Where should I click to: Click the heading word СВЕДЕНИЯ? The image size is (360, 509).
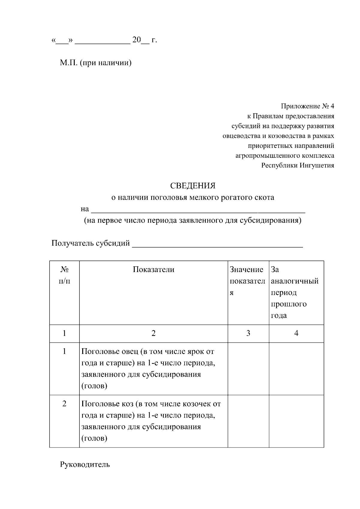pos(193,186)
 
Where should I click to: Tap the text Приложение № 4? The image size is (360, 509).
pos(307,106)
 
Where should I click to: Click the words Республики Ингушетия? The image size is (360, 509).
pos(298,165)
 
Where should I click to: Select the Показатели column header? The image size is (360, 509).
pos(153,270)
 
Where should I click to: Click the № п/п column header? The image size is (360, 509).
pos(64,275)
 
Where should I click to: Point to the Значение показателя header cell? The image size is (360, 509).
pos(248,281)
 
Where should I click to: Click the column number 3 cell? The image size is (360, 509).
pos(248,333)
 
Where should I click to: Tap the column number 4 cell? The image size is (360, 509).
pos(296,333)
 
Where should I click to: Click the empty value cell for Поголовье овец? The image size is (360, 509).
pos(248,369)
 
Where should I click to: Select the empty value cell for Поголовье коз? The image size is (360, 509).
pos(248,421)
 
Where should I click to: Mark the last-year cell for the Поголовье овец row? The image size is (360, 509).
pos(296,369)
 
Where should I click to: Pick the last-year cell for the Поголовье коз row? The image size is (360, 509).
pos(296,421)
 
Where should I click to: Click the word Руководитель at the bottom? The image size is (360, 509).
pos(85,465)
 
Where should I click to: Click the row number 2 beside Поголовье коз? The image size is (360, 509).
pos(64,404)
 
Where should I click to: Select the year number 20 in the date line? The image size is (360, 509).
pos(136,40)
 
